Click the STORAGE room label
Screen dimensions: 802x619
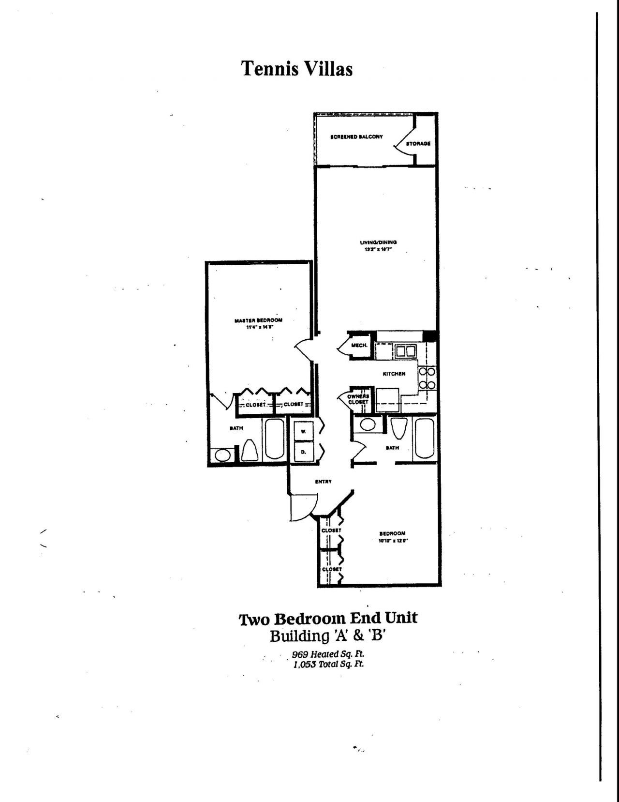click(418, 144)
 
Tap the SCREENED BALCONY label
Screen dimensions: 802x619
click(356, 137)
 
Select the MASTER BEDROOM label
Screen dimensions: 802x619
click(258, 320)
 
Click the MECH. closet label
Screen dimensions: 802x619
click(359, 346)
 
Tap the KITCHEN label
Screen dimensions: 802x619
click(394, 374)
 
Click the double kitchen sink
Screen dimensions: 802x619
click(404, 350)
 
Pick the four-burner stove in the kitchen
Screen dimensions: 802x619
click(427, 378)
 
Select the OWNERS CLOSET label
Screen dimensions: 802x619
click(358, 399)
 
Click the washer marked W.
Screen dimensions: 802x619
click(303, 430)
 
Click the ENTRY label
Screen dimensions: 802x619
click(323, 482)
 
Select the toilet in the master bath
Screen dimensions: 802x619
click(250, 451)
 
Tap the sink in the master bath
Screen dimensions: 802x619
click(223, 455)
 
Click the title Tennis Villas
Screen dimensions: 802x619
click(296, 69)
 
